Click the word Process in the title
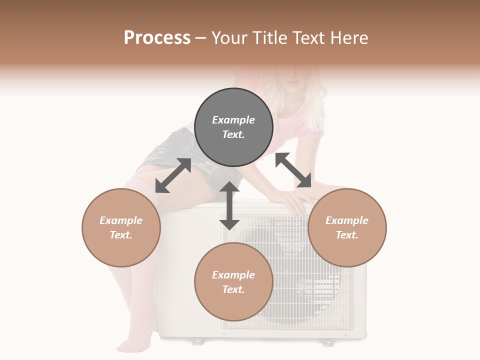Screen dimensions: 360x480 point(157,38)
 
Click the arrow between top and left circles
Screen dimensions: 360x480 point(173,175)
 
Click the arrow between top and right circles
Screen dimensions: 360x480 point(293,170)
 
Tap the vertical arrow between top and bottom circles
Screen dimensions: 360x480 point(229,205)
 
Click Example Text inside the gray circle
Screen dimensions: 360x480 point(233,127)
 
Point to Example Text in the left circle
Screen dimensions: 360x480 point(121,227)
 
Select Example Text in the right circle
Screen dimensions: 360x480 point(347,227)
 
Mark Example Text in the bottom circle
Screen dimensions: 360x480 point(233,282)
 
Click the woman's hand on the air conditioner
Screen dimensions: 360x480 point(292,202)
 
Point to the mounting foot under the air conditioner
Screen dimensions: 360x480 point(198,341)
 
